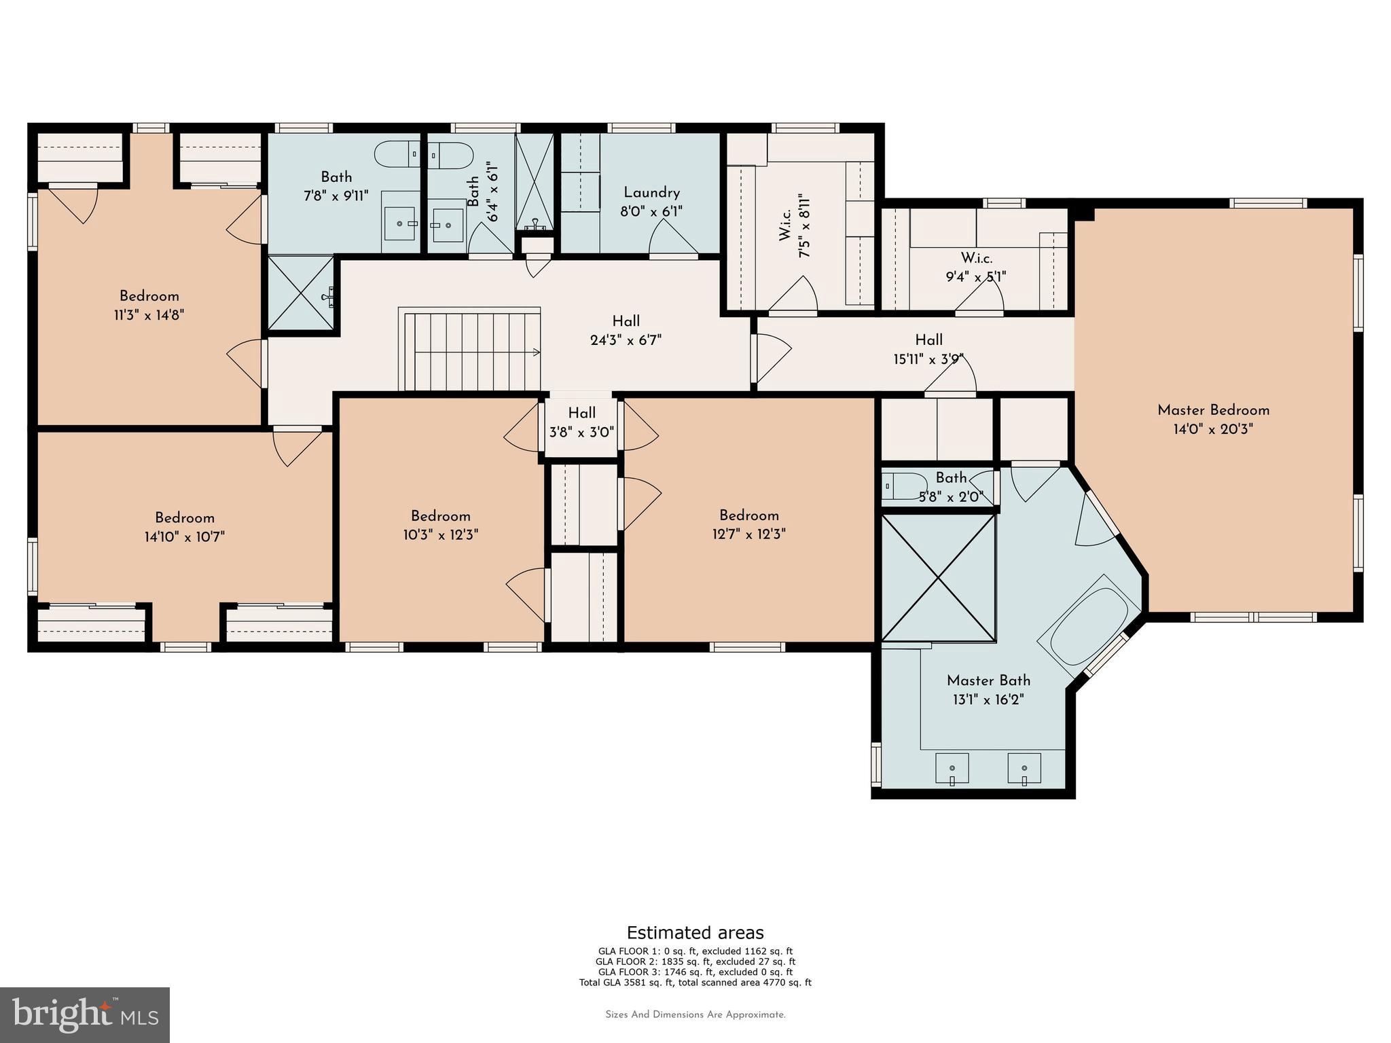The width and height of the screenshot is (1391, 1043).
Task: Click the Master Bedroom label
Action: pyautogui.click(x=1213, y=410)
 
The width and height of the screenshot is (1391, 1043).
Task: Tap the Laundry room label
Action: pyautogui.click(x=651, y=193)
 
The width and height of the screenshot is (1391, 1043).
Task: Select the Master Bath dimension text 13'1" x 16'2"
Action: pyautogui.click(x=988, y=699)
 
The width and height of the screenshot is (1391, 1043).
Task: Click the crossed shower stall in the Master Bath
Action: pyautogui.click(x=938, y=578)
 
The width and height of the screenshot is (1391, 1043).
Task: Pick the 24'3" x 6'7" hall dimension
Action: pyautogui.click(x=626, y=340)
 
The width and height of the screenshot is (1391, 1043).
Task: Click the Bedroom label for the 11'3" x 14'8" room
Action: pyautogui.click(x=149, y=296)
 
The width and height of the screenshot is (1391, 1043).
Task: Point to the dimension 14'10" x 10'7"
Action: pyautogui.click(x=184, y=537)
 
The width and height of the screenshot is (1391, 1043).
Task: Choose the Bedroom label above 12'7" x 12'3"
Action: pyautogui.click(x=749, y=515)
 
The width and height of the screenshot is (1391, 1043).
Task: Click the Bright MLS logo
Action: pyautogui.click(x=85, y=1014)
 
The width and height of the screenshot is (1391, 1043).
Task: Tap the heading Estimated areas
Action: pyautogui.click(x=695, y=932)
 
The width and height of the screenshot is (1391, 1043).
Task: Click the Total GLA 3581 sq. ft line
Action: pyautogui.click(x=695, y=982)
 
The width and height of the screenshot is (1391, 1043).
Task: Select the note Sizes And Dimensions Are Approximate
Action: pyautogui.click(x=695, y=1014)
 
